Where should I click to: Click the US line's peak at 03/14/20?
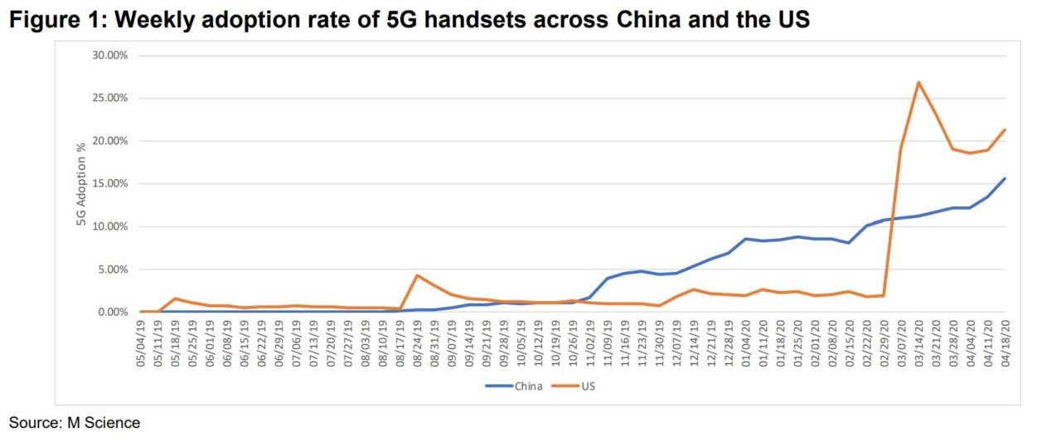click(x=918, y=82)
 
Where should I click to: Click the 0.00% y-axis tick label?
click(x=110, y=313)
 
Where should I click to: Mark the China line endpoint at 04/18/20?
click(x=1005, y=178)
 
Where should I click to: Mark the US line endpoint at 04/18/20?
click(x=1005, y=129)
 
